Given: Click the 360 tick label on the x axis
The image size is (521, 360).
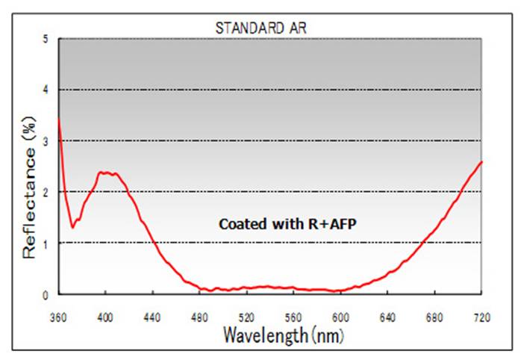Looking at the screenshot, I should [x=58, y=317].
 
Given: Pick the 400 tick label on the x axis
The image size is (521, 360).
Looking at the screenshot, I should [x=105, y=317].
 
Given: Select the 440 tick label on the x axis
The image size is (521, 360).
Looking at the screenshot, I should [x=152, y=317].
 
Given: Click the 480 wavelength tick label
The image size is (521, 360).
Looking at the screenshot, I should [x=199, y=317].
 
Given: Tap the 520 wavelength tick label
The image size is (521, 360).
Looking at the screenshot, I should [x=246, y=317].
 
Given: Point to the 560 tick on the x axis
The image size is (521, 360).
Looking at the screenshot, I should [x=293, y=317].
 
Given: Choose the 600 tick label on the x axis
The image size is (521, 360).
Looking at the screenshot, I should [x=340, y=317].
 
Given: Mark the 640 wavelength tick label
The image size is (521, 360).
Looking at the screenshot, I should [x=387, y=317].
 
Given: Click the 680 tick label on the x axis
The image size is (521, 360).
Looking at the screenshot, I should [x=434, y=317].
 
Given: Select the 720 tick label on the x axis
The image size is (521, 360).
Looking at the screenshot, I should [x=481, y=317].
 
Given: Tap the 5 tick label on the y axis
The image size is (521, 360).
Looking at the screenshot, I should [x=46, y=39].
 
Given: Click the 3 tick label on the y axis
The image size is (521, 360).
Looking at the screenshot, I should [x=46, y=140].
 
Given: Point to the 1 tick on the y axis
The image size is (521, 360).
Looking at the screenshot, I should [x=46, y=243].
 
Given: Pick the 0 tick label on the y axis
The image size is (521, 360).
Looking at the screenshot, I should [x=46, y=294].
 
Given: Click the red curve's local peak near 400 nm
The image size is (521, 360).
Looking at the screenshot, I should [x=106, y=173].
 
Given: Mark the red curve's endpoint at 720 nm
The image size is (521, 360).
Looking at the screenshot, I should [x=481, y=161].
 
